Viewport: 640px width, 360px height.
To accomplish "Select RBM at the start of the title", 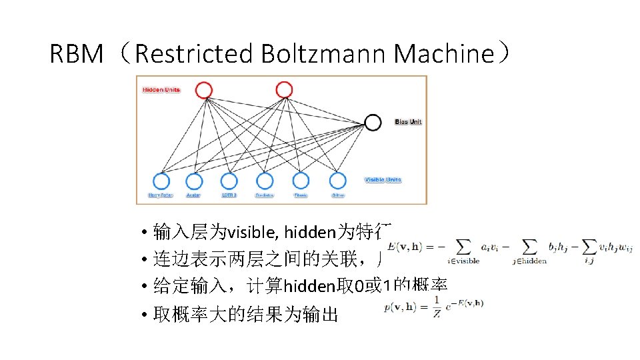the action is coord(76,53).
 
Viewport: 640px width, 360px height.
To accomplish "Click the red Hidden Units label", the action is coord(161,90).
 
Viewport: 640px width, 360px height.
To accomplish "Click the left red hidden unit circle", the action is coord(204,90).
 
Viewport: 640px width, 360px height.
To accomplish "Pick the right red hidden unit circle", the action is coord(284,89).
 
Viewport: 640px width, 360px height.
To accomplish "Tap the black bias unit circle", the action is coord(373,122).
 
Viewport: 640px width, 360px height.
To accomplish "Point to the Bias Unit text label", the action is coord(408,122).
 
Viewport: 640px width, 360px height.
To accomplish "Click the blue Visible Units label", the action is coord(383,180).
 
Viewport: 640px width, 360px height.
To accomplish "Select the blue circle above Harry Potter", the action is coord(161,181).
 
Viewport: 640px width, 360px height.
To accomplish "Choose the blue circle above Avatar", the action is coord(194,181).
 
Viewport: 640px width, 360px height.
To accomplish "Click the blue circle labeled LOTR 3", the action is coord(229,181).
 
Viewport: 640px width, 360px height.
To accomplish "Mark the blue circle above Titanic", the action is coord(301,181).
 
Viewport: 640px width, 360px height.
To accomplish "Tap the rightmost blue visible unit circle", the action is coord(338,181).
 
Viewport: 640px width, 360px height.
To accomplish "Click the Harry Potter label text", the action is coord(160,196).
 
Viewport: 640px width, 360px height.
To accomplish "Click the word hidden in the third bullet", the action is coord(304,287).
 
